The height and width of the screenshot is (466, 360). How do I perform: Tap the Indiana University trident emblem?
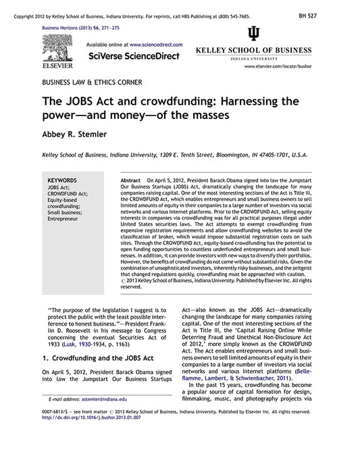253,34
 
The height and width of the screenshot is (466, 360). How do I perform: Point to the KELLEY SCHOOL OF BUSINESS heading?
253,51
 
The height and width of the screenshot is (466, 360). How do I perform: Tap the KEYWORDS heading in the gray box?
64,181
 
